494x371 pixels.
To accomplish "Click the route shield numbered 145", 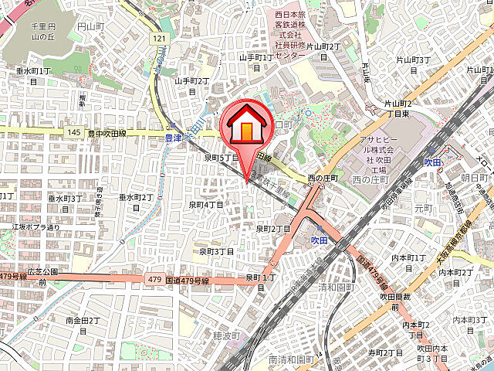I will tap(74, 133).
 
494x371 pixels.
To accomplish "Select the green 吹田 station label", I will tap(432, 162).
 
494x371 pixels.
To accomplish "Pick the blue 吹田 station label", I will tap(320, 240).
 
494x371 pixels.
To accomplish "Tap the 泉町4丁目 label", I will tap(206, 204).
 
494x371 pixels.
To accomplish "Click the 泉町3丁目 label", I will tap(216, 251).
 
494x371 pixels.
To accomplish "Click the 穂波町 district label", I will tap(228, 336).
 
